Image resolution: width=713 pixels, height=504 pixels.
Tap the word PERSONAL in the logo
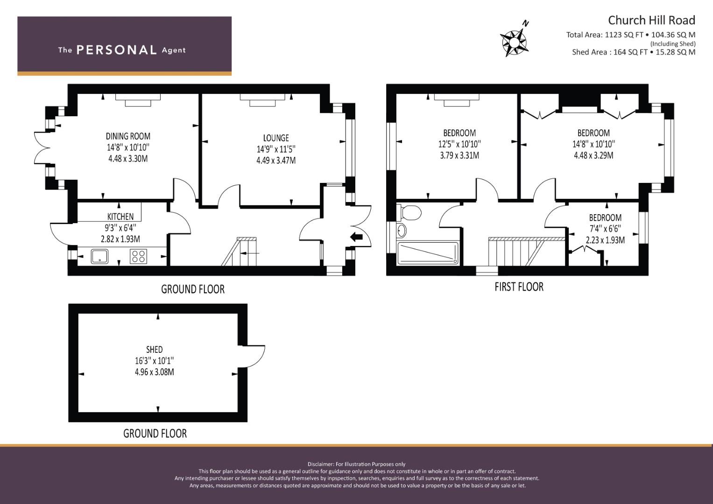(x=117, y=50)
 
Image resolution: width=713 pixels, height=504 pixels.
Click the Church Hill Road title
(x=651, y=21)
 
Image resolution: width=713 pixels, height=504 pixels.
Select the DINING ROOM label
(x=128, y=136)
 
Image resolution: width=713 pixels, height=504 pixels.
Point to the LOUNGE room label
(x=276, y=138)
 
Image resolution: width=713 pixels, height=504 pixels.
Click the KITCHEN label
(x=120, y=217)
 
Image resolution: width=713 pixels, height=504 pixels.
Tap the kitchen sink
(x=99, y=257)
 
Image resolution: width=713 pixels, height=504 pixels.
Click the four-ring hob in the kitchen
(x=139, y=257)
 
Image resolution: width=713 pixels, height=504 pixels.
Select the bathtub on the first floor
(x=428, y=253)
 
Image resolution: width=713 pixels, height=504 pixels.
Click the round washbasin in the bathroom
(x=402, y=231)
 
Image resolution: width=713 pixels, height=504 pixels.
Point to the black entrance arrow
(x=356, y=237)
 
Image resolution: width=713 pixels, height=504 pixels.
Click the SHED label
(x=155, y=350)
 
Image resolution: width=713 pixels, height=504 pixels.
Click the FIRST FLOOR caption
(x=519, y=287)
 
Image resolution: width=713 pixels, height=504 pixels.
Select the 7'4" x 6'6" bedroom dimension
(x=606, y=229)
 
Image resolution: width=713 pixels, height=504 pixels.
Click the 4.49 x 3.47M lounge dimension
(x=276, y=161)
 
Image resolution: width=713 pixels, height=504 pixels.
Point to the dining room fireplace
(x=138, y=99)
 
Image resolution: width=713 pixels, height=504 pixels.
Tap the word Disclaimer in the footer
(x=320, y=464)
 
